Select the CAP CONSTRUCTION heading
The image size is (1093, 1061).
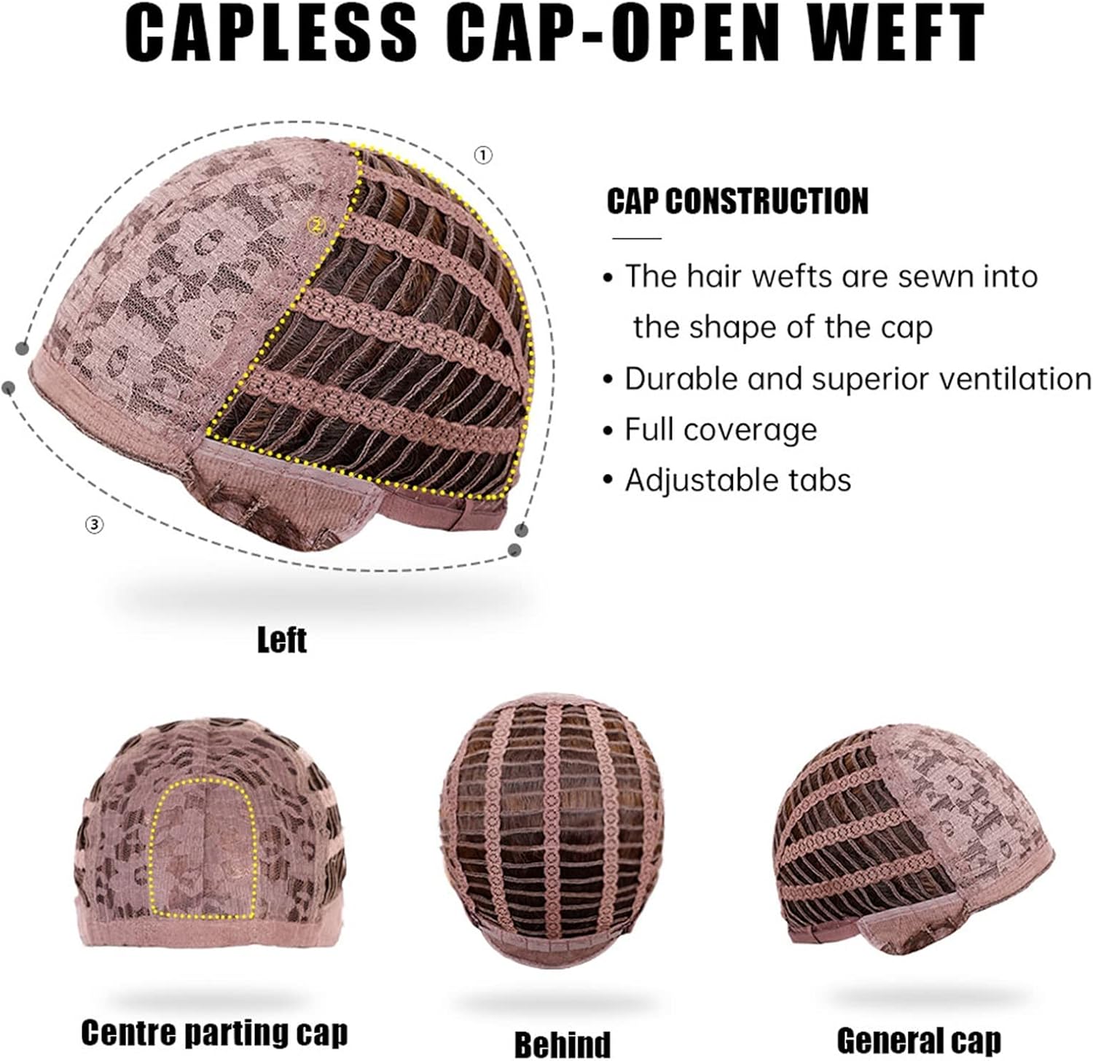737,201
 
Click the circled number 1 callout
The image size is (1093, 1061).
483,155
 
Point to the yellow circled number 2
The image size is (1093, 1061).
316,226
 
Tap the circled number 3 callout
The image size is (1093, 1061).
95,523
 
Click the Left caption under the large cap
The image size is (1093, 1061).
281,640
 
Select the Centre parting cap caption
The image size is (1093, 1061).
214,1033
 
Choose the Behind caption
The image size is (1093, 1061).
562,1043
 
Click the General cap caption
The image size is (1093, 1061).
919,1039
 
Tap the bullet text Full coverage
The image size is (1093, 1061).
721,430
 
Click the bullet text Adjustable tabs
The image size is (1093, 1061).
738,481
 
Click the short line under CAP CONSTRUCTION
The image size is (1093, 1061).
637,238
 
